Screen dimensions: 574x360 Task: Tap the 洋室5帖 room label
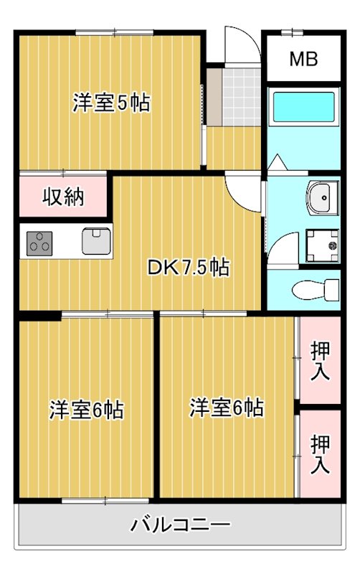[111, 103]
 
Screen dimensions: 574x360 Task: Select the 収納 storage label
[63, 197]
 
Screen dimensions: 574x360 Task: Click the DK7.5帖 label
[188, 268]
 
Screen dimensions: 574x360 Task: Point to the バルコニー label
[180, 524]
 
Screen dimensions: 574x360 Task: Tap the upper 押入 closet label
[320, 362]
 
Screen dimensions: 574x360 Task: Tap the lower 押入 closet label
[320, 453]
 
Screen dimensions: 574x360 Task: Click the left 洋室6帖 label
[86, 410]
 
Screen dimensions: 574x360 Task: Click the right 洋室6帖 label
[226, 408]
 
